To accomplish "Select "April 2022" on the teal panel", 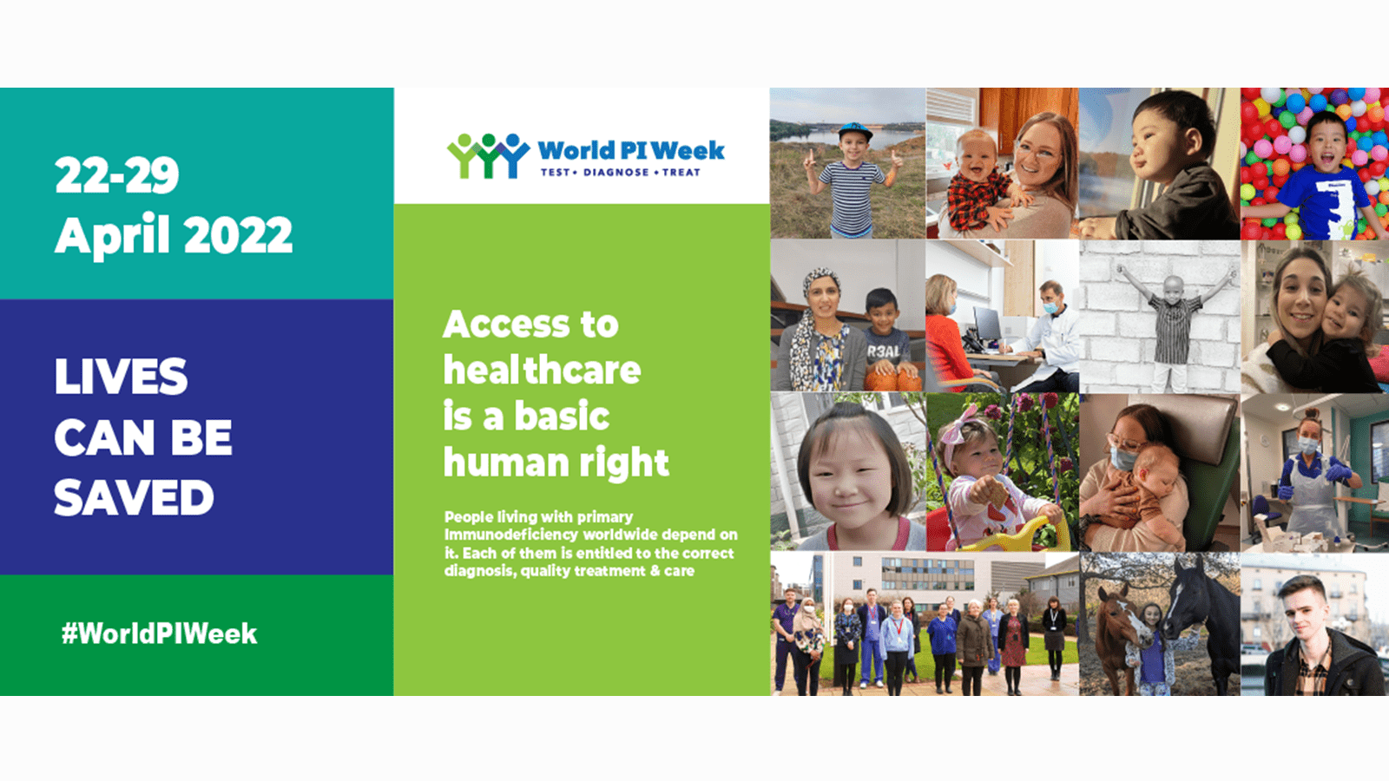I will tap(174, 235).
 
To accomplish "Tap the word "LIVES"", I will tap(121, 377).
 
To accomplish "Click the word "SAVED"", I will tap(134, 498).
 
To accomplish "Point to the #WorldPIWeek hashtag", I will tap(159, 633).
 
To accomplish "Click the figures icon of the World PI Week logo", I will tap(487, 156).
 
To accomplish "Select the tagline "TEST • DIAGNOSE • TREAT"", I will tap(620, 173).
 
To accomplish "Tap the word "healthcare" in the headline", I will tap(542, 371).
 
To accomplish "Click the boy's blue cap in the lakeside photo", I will tap(855, 131).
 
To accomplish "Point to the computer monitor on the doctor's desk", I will tap(987, 325).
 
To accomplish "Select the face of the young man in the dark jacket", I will tap(1306, 612).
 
